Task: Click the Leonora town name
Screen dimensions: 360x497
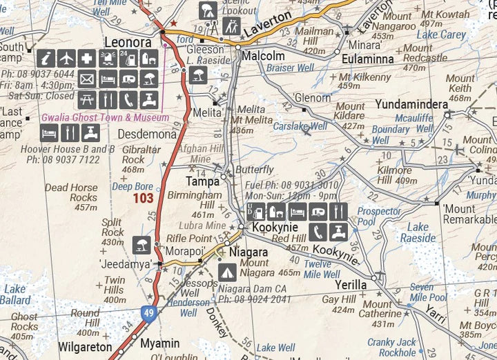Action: coord(127,42)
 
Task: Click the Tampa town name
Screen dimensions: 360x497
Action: coord(203,181)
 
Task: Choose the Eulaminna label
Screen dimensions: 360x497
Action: coord(368,59)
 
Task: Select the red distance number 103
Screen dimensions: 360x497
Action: coord(143,199)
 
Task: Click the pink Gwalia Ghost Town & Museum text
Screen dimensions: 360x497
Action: coord(105,118)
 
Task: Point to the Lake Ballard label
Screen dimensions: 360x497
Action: coord(15,294)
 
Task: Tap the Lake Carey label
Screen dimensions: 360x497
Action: coord(442,34)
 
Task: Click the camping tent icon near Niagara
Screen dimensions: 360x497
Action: coord(227,272)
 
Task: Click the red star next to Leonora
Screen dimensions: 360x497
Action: coord(173,23)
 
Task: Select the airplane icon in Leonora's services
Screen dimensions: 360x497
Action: coord(66,59)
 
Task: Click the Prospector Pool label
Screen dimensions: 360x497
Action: coord(379,217)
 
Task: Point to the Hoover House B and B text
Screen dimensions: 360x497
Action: coord(77,148)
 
